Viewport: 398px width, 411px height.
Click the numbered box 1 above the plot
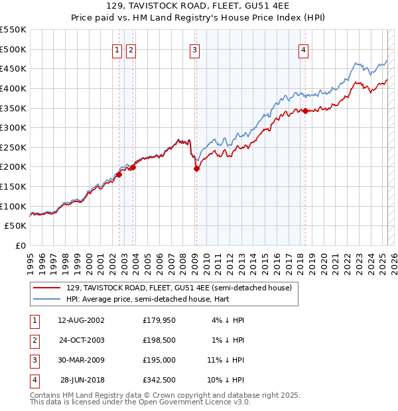pos(117,49)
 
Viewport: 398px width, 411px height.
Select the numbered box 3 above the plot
pos(194,49)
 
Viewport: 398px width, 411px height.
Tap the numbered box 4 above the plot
pos(303,49)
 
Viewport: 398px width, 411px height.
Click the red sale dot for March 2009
pos(196,168)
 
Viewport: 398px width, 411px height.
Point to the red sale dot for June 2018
pos(305,111)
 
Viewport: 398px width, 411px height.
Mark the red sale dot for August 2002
pos(119,174)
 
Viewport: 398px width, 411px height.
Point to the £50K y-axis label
pos(16,226)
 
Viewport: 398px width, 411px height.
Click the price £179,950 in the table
pos(159,321)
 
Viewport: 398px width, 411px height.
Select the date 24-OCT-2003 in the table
pos(81,340)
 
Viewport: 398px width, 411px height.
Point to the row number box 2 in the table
pos(33,340)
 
